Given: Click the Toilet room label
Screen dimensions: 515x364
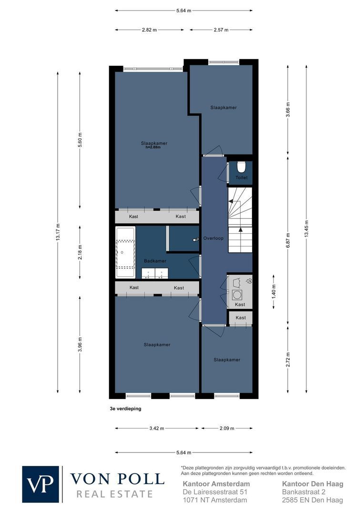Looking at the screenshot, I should tap(241, 178).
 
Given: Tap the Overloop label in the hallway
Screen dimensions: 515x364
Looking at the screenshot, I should tap(213, 238).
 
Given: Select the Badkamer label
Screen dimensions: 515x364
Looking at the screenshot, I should tap(155, 261).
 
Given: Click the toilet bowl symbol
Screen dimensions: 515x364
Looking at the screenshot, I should tap(241, 167).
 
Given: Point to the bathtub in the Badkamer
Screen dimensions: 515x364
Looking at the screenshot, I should tap(125, 252).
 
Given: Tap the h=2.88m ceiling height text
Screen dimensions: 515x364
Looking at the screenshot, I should tap(153, 147).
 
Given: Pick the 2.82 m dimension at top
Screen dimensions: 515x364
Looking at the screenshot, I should tap(149, 30).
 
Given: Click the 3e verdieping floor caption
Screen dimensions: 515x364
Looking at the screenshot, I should tap(125, 409).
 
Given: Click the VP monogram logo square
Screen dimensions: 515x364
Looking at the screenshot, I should tap(40, 484).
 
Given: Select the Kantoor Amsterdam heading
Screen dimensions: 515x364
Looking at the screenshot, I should tap(216, 484).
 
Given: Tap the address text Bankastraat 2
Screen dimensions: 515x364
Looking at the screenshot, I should tap(303, 492).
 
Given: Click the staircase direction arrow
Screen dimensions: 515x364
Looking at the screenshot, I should tap(240, 230).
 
